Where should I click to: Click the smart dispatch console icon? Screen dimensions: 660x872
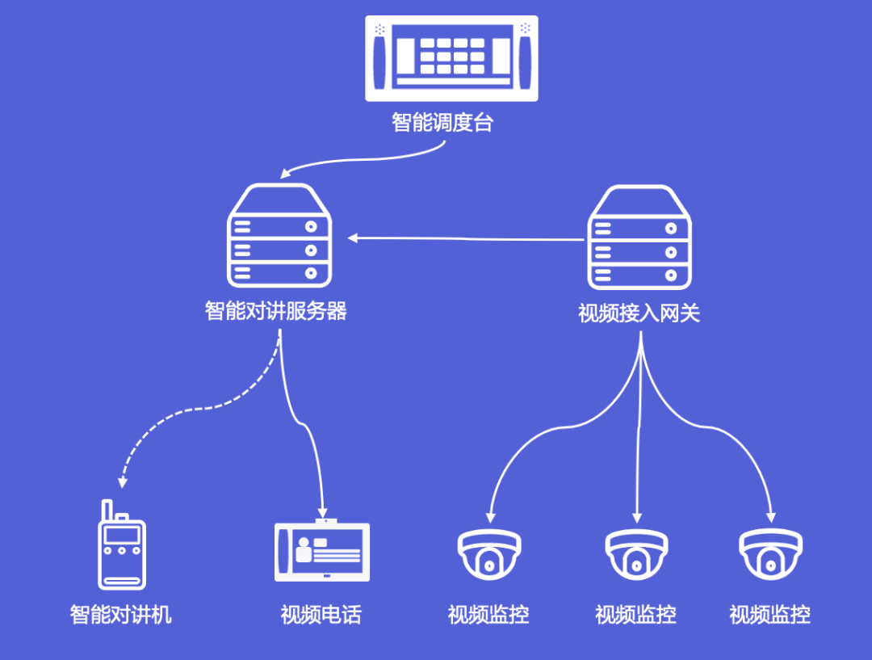(x=451, y=57)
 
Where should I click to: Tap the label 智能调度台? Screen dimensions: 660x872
(x=442, y=124)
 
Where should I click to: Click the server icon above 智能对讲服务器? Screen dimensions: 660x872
(x=279, y=236)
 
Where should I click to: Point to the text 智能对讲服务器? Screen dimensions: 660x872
(x=276, y=311)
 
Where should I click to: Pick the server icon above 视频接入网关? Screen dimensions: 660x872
(x=639, y=238)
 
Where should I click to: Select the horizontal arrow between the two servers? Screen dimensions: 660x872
(x=467, y=238)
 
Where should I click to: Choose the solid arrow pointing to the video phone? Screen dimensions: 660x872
(x=311, y=436)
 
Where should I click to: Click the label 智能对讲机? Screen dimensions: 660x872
(x=121, y=615)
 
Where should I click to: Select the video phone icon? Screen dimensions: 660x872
(x=322, y=551)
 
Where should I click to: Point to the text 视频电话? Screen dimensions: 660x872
(x=321, y=615)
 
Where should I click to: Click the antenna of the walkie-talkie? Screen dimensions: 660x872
(x=106, y=511)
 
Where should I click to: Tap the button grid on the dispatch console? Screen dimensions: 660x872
(x=452, y=56)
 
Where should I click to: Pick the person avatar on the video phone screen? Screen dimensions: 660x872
(x=304, y=551)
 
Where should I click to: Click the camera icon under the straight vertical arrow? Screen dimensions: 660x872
(x=637, y=554)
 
